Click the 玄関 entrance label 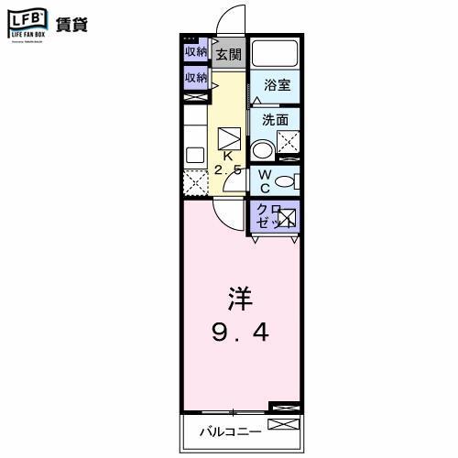point(227,54)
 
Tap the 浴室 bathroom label point(277,85)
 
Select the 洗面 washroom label point(275,120)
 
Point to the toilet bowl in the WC point(286,180)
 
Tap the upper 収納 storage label point(196,52)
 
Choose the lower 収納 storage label point(196,79)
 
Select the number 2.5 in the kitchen point(229,170)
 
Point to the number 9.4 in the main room point(241,332)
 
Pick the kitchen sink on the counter point(194,155)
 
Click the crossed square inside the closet point(287,218)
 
